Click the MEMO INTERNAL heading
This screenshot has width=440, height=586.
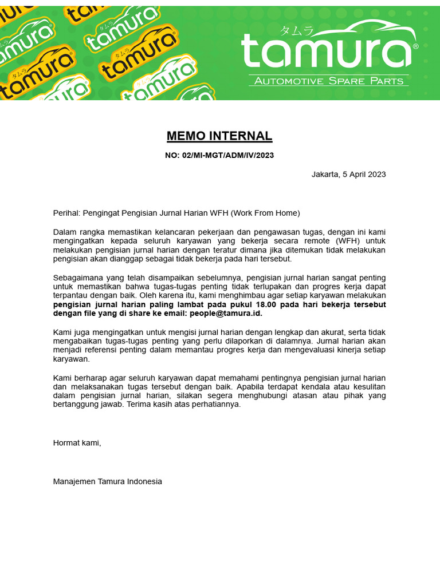(x=219, y=136)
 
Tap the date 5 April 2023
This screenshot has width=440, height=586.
(x=364, y=174)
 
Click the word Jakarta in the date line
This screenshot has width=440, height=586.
(x=325, y=174)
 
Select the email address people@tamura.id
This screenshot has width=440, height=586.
(x=225, y=314)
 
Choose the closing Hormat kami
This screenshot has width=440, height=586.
(x=77, y=442)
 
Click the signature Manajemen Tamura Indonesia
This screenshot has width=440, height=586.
(x=107, y=481)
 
